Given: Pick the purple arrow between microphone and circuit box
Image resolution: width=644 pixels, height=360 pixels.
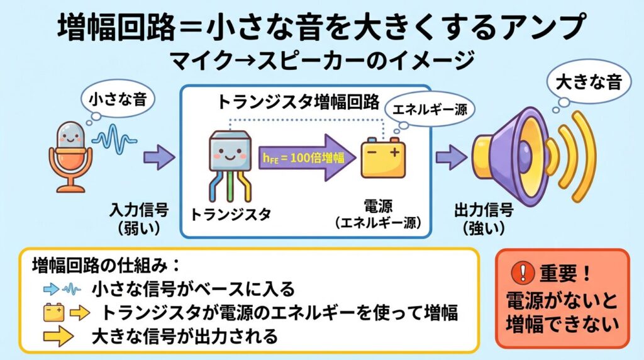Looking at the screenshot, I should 158,156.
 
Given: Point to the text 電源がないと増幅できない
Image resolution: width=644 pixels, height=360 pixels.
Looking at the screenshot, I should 562,310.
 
